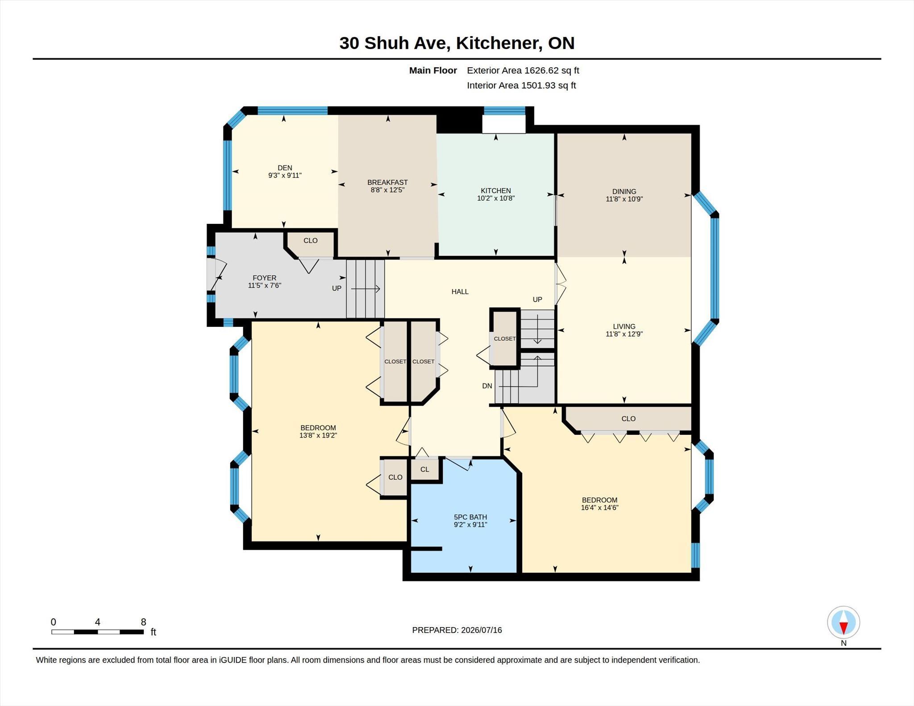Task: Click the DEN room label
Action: coord(285,168)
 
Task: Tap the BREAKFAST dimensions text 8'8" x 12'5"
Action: coord(387,190)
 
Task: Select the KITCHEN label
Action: coord(496,190)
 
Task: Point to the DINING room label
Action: coord(624,191)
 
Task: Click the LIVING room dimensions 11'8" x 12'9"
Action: coord(624,334)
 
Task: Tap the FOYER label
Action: coord(264,278)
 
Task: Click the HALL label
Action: coord(460,292)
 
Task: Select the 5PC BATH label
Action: coord(470,517)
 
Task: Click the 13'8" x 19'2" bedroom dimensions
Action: coord(318,435)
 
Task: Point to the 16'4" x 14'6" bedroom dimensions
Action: coord(599,508)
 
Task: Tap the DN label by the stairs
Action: coord(487,386)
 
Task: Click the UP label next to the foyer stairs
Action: coord(337,288)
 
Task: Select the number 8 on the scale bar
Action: coord(143,622)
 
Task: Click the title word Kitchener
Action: coord(499,43)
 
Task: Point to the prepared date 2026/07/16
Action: coord(482,630)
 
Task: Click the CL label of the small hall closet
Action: coord(424,469)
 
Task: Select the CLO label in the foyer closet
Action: coord(310,240)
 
